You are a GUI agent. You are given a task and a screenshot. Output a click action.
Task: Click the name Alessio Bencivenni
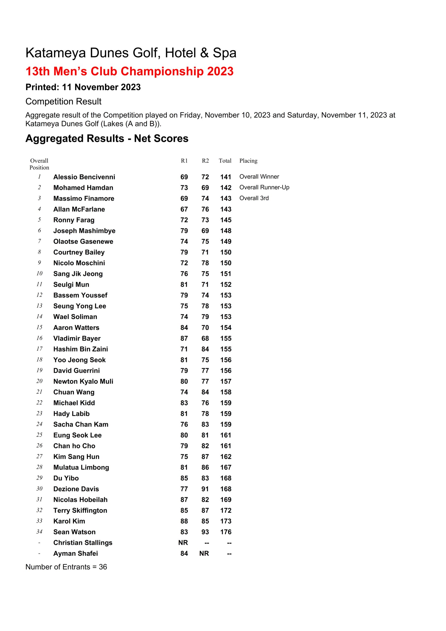84,177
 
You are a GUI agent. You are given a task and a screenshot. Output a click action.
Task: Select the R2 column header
205,161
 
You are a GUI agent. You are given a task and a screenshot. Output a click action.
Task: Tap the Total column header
225,161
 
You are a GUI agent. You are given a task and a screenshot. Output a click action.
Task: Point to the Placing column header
248,161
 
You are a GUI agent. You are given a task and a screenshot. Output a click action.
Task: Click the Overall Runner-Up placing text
264,187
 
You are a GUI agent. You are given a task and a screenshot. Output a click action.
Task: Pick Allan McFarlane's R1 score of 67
184,210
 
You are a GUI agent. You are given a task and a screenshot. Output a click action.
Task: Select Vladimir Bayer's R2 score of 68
205,338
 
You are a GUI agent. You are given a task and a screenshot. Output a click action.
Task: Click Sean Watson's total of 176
226,532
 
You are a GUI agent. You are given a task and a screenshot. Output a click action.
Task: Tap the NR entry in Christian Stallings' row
183,543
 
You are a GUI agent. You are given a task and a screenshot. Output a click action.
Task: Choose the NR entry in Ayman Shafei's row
204,554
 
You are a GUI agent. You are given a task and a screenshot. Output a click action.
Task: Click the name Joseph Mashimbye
84,231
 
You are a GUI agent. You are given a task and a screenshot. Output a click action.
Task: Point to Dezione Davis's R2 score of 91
205,489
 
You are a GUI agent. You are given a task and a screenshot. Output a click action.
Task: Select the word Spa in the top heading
224,53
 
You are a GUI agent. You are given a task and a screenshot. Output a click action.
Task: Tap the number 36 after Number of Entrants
103,567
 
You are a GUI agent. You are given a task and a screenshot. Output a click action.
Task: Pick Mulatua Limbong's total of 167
226,468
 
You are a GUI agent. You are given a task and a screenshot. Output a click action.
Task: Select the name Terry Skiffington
80,511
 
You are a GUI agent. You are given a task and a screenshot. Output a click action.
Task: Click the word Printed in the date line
42,88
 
